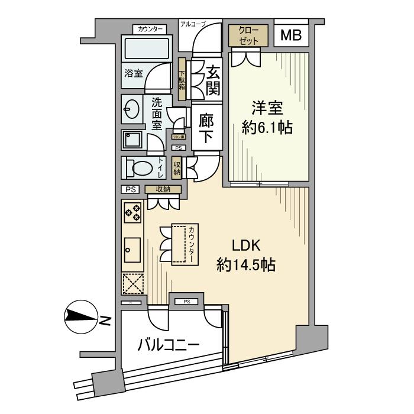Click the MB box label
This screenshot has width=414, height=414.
290,35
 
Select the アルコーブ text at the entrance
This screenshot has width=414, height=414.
193,24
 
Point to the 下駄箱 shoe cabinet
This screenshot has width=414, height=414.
182,79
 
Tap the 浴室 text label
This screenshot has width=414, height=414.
133,74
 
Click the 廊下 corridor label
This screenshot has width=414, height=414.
206,127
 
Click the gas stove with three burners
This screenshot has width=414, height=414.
132,212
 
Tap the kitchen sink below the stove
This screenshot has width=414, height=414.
132,251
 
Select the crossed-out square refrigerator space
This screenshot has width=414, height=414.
132,284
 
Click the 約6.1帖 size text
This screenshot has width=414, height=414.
269,127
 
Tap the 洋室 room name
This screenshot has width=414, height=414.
268,108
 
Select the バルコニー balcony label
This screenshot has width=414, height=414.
169,344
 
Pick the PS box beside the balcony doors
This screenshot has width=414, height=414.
186,302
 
